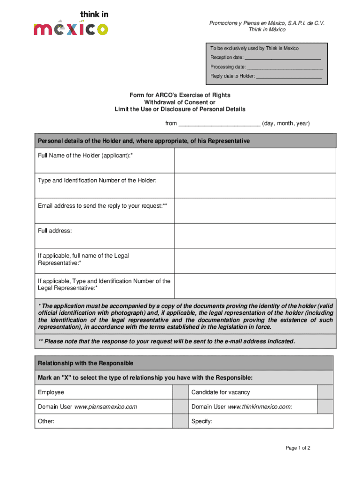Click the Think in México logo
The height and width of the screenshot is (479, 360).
point(71,23)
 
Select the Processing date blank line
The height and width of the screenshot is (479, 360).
point(285,67)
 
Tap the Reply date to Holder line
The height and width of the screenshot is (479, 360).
point(288,76)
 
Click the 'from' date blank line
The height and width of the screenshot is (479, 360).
point(219,124)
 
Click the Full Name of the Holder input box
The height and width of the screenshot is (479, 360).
point(255,160)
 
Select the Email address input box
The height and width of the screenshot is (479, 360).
point(255,210)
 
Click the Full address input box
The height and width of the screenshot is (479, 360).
point(255,236)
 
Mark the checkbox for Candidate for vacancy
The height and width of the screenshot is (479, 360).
point(325,392)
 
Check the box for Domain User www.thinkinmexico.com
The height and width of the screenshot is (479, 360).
point(325,407)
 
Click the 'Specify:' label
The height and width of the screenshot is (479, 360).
point(202,421)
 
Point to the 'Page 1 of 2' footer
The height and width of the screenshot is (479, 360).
point(298,448)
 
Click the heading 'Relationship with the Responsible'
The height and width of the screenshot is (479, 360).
point(86,363)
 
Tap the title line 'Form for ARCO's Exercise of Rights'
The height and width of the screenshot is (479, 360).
point(180,95)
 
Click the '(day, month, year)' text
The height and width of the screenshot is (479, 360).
point(286,124)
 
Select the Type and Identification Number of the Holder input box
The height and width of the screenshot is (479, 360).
point(255,186)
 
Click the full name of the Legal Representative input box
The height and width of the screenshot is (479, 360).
point(255,261)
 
